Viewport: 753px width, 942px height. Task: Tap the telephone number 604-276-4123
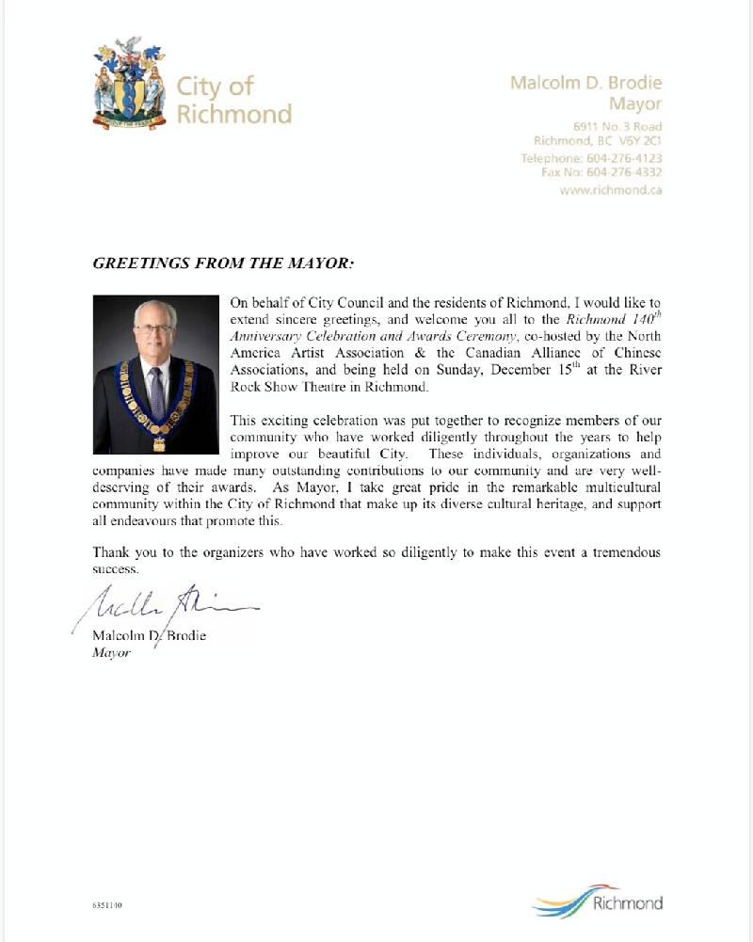[x=626, y=158]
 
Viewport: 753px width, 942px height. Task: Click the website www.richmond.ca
[x=611, y=189]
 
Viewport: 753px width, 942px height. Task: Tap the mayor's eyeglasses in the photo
[x=156, y=332]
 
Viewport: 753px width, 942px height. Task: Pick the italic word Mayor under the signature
[x=110, y=653]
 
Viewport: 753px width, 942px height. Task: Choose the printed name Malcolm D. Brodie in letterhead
[x=585, y=82]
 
